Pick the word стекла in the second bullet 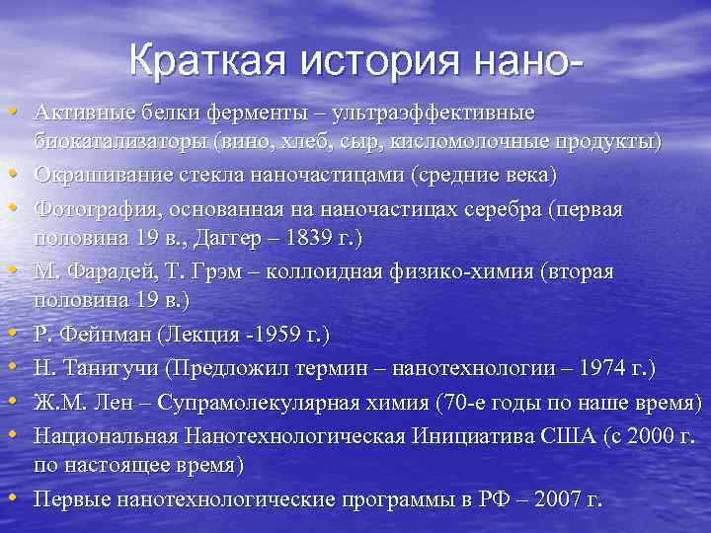(x=216, y=175)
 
